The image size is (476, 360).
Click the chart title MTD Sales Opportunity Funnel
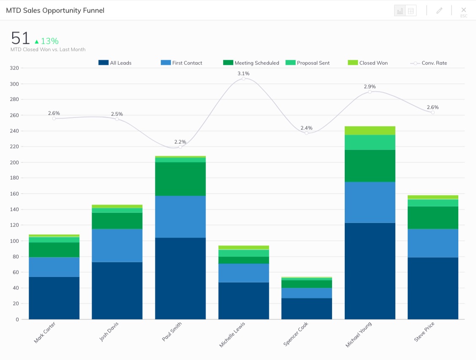tap(55, 10)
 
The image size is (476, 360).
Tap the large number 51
tap(20, 38)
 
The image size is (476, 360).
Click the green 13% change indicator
tap(46, 41)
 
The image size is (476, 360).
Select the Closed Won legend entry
tap(368, 63)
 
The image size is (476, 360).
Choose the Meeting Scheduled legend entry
tap(252, 63)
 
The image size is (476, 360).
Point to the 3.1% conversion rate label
tap(243, 73)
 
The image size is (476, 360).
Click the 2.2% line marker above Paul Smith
tap(180, 147)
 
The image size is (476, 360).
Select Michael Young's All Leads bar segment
tap(370, 270)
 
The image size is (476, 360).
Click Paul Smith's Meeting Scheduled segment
tap(180, 179)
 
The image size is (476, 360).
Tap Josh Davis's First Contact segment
tap(117, 246)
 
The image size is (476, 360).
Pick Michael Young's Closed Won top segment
tap(370, 130)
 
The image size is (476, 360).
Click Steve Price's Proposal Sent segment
tap(433, 203)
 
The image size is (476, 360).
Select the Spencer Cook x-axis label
tap(296, 334)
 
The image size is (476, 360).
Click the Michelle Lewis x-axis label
tap(233, 334)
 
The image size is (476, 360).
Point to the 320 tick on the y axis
tap(14, 68)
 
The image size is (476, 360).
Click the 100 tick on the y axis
tap(14, 241)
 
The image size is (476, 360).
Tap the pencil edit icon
tap(439, 11)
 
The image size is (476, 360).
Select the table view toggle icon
tap(411, 11)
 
